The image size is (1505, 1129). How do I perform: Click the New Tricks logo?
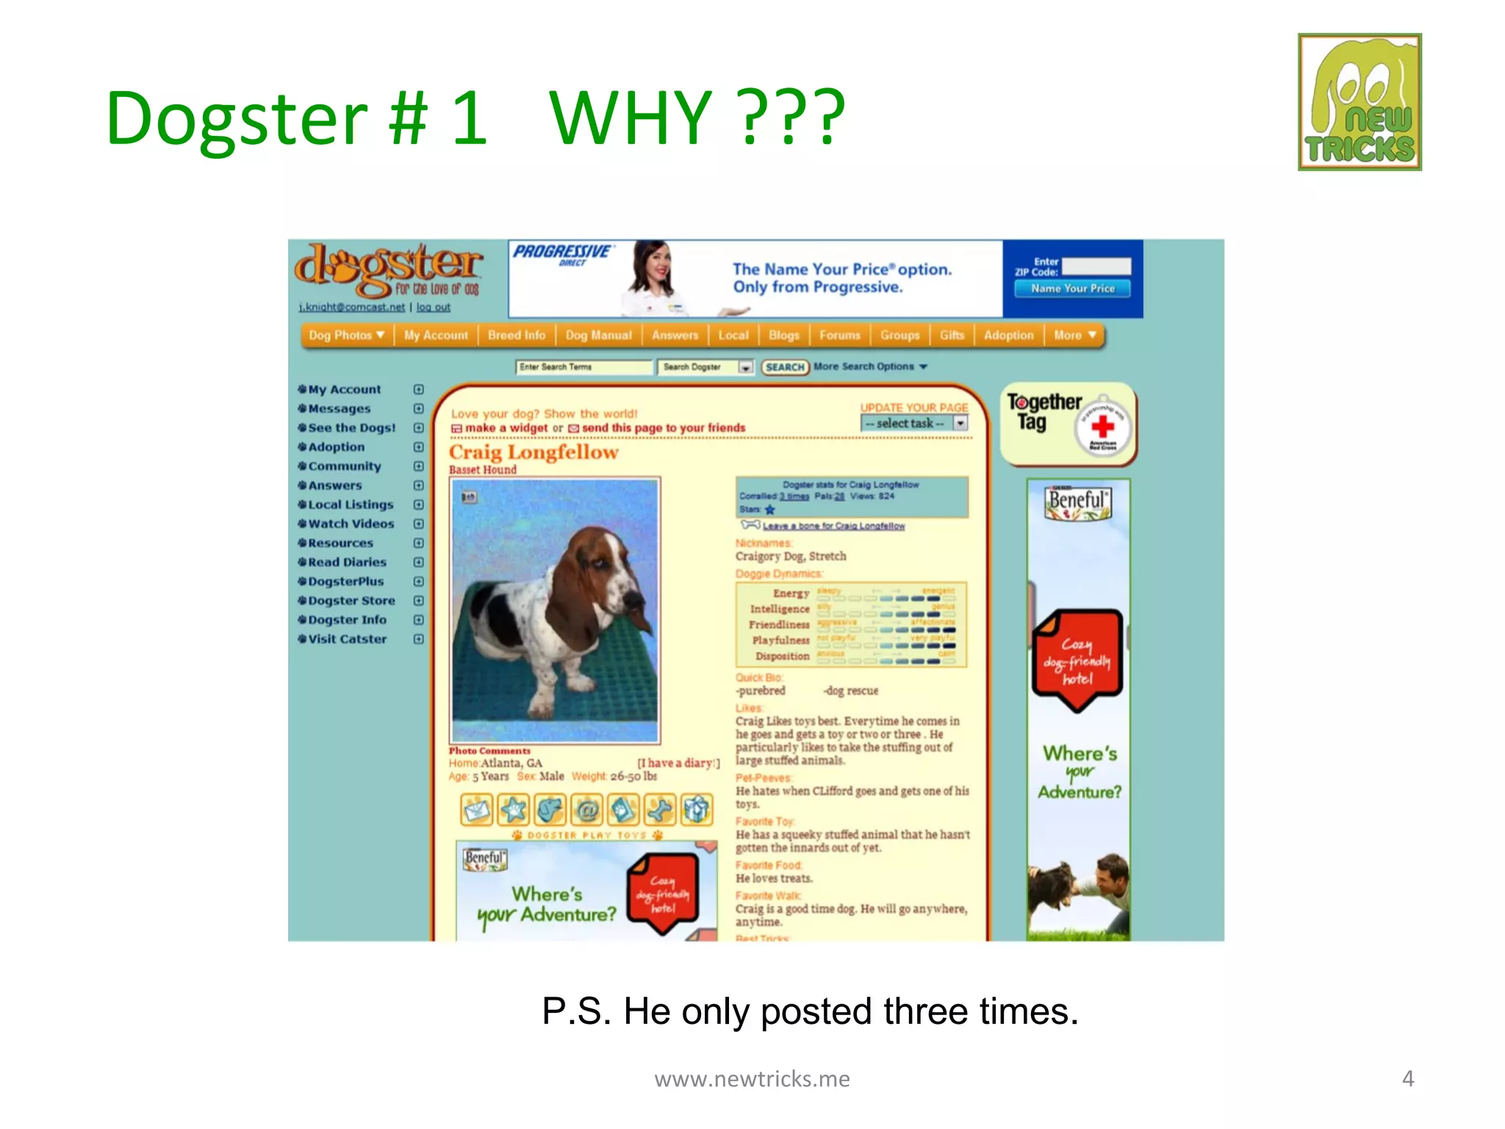tap(1359, 102)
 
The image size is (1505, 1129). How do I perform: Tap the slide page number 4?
tap(1407, 1078)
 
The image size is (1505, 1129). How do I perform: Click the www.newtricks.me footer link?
tap(752, 1078)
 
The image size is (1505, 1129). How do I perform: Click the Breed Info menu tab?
tap(517, 335)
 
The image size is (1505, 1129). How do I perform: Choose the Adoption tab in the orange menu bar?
tap(1008, 335)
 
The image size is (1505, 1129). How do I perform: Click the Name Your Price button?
tap(1072, 289)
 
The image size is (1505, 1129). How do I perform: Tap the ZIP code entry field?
tap(1096, 266)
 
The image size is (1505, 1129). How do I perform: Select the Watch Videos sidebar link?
tap(351, 524)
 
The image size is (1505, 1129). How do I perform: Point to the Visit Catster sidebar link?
tap(347, 639)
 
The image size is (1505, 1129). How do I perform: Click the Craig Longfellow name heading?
tap(534, 452)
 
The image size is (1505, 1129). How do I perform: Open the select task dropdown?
tap(914, 423)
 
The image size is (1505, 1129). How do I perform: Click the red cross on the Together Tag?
tap(1102, 426)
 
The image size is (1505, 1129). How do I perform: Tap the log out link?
tap(434, 307)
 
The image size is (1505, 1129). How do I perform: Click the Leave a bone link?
tap(833, 526)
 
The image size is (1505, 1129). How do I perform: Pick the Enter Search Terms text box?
tap(583, 367)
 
